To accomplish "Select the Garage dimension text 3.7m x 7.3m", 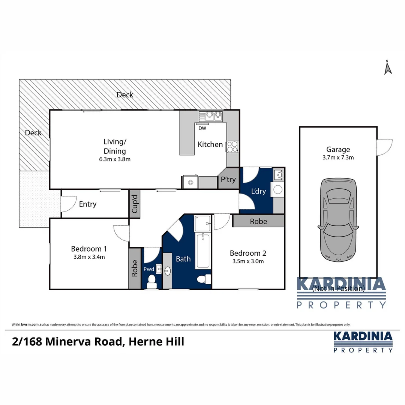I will [337, 157].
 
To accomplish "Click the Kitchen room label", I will [210, 144].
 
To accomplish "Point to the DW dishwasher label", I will [202, 128].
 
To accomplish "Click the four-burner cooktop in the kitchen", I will [232, 146].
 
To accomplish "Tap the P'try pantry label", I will [228, 180].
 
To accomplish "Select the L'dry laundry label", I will [258, 191].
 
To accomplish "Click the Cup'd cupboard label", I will [135, 204].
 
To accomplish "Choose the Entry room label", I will [88, 204].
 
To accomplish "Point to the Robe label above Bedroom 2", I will [259, 221].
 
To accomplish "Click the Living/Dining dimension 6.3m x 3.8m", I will [115, 159].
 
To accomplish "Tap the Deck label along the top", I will [125, 95].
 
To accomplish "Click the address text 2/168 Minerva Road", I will [67, 342].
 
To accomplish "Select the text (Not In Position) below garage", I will [338, 288].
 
